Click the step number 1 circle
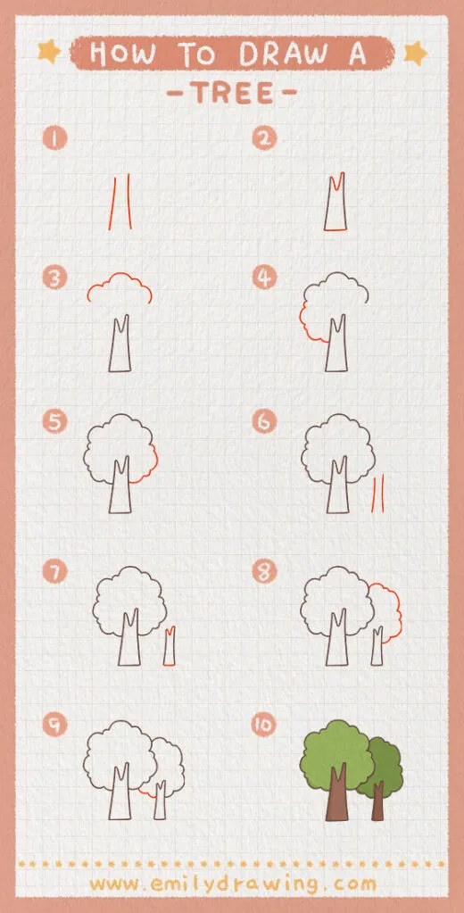point(55,138)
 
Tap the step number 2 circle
point(263,138)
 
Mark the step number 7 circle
point(55,571)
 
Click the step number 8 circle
point(263,571)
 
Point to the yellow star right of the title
point(415,54)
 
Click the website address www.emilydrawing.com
point(232,884)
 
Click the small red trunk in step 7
point(169,647)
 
